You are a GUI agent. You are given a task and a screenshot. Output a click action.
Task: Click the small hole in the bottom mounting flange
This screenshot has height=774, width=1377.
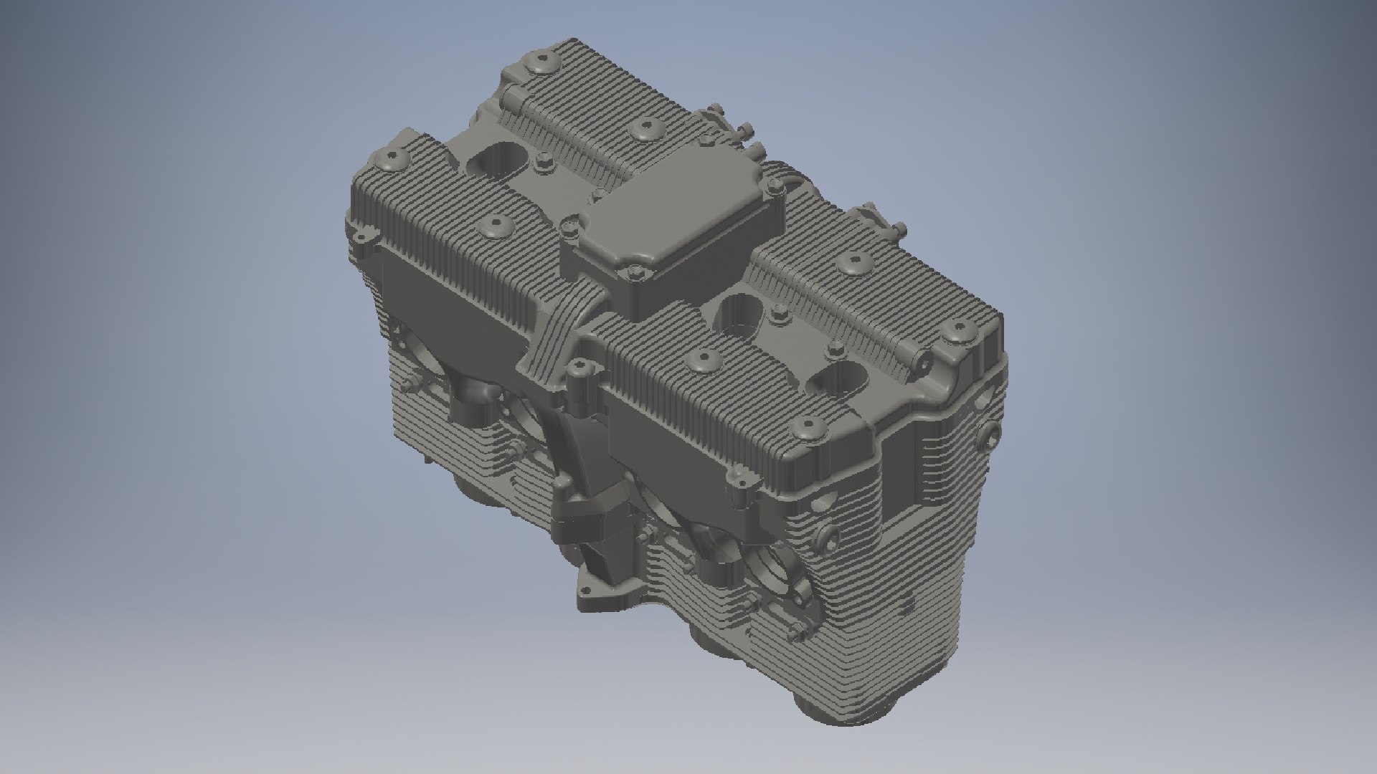(x=586, y=590)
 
